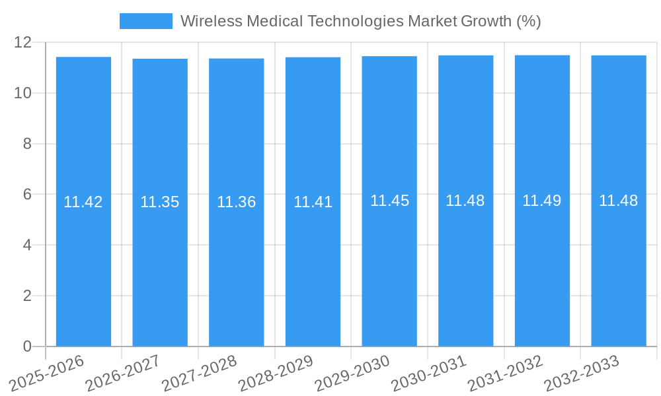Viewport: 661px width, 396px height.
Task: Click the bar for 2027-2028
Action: (x=236, y=264)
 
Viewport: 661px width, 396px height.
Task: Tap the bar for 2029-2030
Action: (x=389, y=264)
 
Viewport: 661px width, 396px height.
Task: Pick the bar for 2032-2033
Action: (x=619, y=264)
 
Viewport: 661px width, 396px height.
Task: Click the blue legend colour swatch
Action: (x=145, y=21)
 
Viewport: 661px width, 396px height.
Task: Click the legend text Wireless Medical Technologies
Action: (x=360, y=21)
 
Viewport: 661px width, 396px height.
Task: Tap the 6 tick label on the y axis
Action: (x=27, y=195)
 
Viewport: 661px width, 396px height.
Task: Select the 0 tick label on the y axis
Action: (x=27, y=346)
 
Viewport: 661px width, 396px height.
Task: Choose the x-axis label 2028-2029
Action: (x=276, y=373)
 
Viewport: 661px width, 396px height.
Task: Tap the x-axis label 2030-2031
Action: (x=429, y=373)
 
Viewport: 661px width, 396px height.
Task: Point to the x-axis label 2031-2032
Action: (x=506, y=373)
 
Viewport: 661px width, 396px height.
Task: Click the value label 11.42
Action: (x=83, y=203)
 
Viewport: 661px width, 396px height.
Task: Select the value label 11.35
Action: (x=160, y=203)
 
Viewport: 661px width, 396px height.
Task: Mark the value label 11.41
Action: (x=313, y=203)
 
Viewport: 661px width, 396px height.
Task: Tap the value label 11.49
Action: (x=542, y=201)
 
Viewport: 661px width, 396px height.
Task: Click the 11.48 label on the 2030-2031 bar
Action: (x=465, y=201)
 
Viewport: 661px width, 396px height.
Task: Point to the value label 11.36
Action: (x=236, y=203)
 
